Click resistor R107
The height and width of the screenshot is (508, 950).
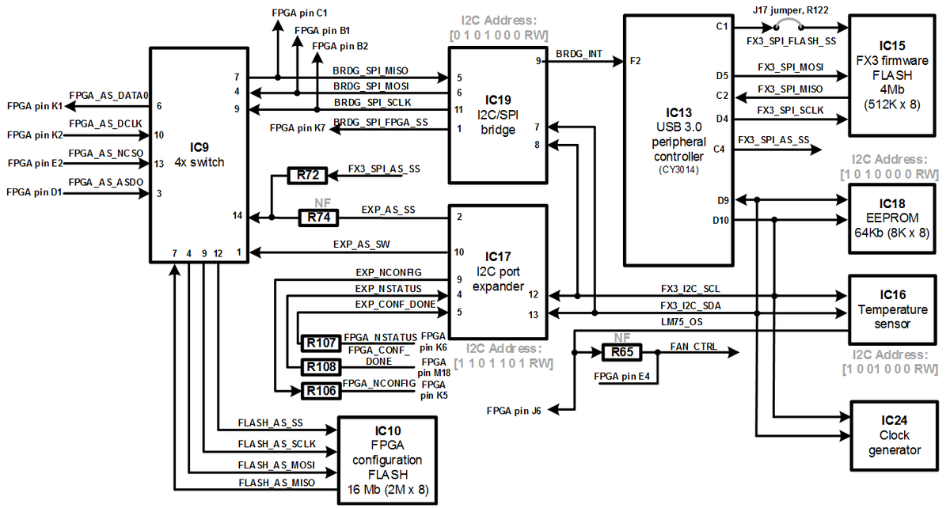pos(321,343)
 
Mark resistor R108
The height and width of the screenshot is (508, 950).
pos(321,366)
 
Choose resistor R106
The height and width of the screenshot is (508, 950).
pos(321,389)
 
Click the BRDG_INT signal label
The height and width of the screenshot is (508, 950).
pos(579,55)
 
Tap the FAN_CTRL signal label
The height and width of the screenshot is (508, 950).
pos(694,347)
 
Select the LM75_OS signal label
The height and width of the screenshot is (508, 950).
pos(682,323)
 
